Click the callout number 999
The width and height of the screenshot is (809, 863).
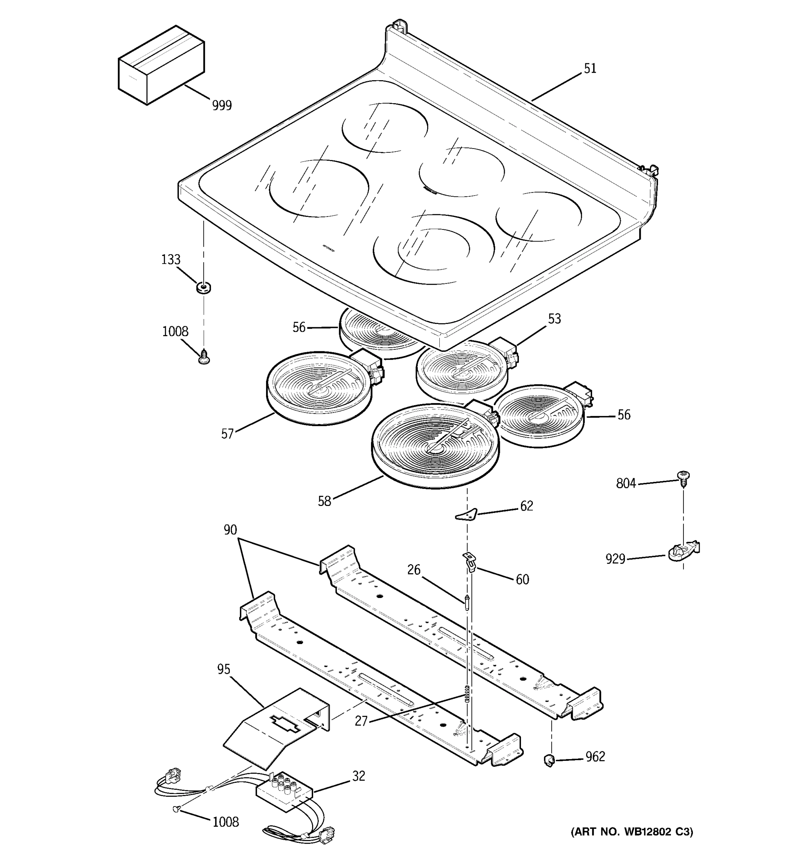click(x=222, y=105)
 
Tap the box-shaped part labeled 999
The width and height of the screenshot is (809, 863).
click(x=161, y=65)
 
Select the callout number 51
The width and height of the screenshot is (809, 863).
click(x=590, y=69)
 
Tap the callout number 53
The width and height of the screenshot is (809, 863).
click(x=554, y=319)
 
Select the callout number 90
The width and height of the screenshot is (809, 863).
click(x=230, y=530)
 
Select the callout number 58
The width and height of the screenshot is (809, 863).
click(x=324, y=501)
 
